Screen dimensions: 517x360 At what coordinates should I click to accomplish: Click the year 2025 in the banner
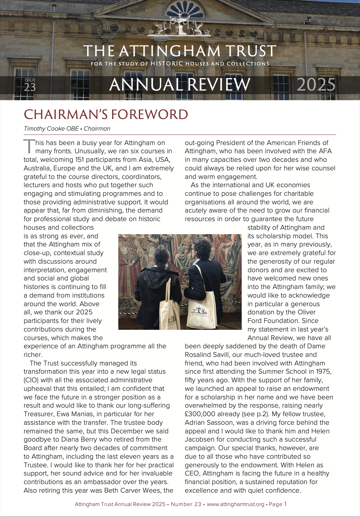(316, 85)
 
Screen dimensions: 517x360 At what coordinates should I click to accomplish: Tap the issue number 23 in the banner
(30, 87)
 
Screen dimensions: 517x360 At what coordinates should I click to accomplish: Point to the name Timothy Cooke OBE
(51, 129)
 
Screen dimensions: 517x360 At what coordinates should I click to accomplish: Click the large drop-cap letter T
(29, 146)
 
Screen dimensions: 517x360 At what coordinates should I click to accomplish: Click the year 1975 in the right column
(323, 372)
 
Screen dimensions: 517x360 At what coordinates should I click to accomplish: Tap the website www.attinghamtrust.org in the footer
(236, 504)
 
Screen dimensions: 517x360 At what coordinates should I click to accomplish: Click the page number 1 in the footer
(285, 504)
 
